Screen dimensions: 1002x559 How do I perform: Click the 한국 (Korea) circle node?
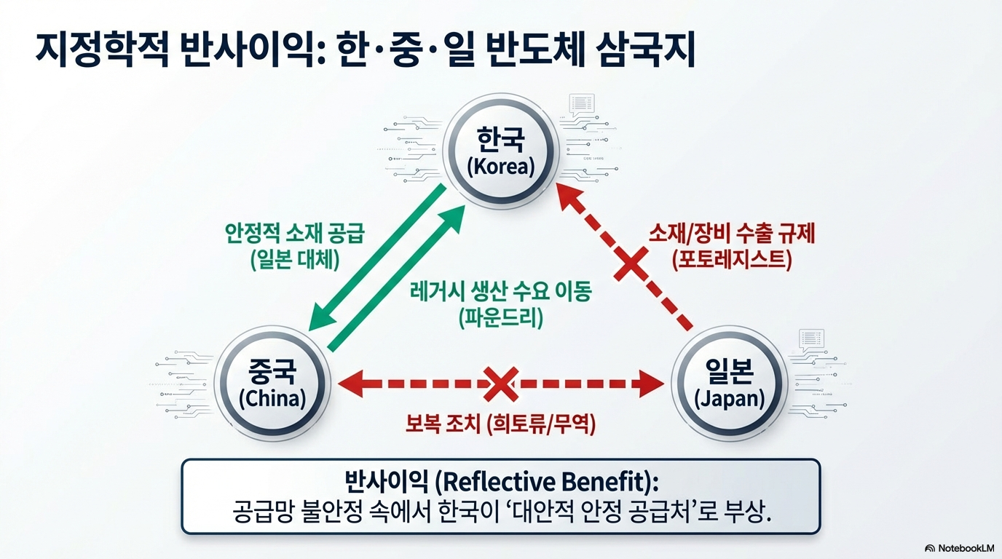[x=500, y=152]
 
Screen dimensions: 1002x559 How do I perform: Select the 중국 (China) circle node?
[x=272, y=384]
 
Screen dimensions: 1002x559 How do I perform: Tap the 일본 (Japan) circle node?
[x=729, y=384]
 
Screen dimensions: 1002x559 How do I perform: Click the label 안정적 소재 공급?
[x=295, y=235]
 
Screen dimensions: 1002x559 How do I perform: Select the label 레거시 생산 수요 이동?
[x=500, y=293]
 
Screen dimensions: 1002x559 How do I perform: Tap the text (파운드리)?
[x=501, y=318]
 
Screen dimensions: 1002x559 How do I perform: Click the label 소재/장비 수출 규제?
[x=732, y=234]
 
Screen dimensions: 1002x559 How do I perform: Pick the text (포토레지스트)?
[x=732, y=258]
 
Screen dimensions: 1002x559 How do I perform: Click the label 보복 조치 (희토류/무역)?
[x=501, y=424]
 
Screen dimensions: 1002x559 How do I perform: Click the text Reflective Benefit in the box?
[x=542, y=483]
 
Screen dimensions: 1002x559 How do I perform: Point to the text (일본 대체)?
[x=295, y=260]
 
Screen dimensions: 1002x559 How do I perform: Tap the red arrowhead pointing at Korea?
[x=569, y=195]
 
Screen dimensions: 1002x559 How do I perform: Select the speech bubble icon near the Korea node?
[x=582, y=103]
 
